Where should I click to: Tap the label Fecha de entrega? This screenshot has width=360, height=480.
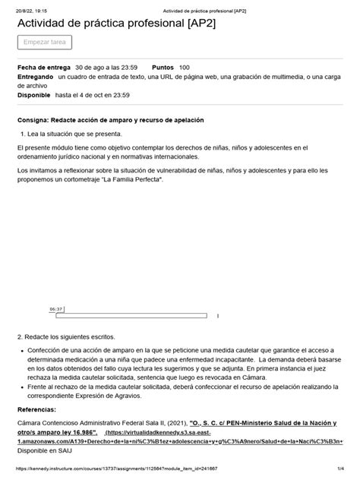(x=43, y=68)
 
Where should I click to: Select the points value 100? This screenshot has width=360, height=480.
(x=185, y=68)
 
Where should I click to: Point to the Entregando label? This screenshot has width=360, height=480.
(x=35, y=77)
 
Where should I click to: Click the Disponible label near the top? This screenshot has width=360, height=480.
(x=34, y=96)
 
